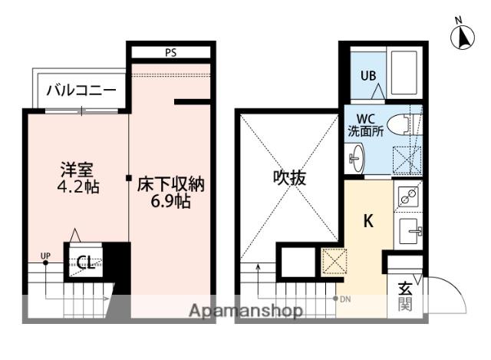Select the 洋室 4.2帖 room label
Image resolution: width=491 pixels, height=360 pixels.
pos(77,176)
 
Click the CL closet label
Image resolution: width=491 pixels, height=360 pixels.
pos(86,263)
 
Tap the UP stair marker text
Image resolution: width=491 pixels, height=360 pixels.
pos(44,256)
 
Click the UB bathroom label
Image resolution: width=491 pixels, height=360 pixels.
pos(367,75)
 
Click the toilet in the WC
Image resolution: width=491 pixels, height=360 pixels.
pos(400,123)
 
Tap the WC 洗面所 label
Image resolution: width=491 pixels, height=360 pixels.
pos(366,125)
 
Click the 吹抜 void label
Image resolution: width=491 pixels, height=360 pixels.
pos(290,178)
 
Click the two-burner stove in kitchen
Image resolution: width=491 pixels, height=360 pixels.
pos(408,198)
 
